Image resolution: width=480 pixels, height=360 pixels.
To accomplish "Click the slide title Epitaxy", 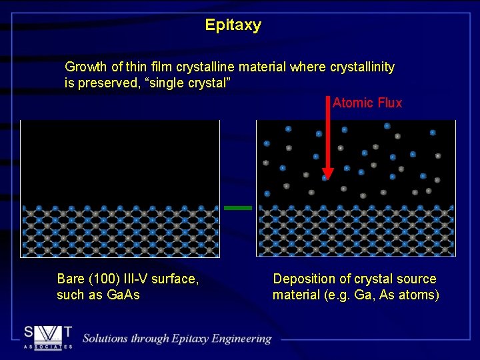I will tap(233, 26).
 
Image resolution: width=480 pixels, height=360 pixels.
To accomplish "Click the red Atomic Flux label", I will tap(367, 103).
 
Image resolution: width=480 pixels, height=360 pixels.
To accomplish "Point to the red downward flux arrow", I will tap(326, 140).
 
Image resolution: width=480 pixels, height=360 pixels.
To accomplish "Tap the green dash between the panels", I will tap(238, 208).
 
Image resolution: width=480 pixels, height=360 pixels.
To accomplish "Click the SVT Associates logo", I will tap(47, 337).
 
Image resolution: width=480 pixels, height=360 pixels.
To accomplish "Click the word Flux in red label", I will tap(389, 103).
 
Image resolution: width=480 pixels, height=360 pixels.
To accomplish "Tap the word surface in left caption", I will tap(177, 279).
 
